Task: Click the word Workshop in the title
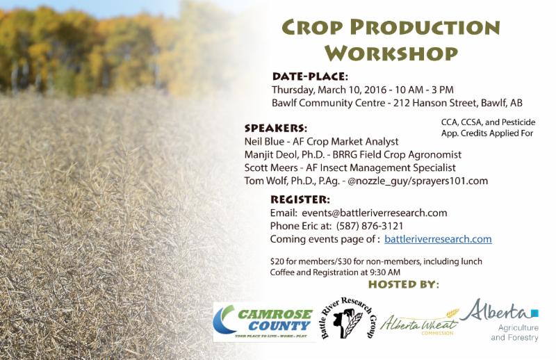coord(391,53)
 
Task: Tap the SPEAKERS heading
coord(276,128)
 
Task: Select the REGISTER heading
coord(300,199)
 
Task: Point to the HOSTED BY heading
coord(403,284)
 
